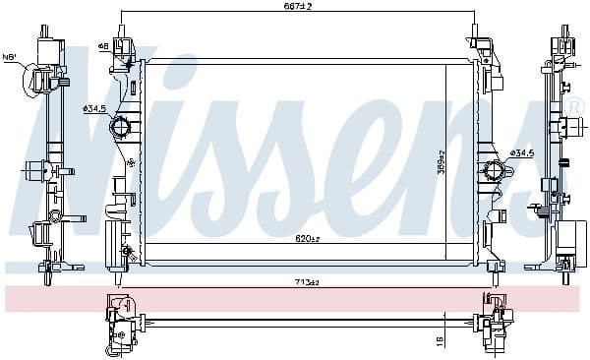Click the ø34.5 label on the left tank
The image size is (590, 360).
click(x=94, y=108)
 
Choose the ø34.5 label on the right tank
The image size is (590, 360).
click(x=521, y=152)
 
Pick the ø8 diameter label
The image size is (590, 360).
click(x=103, y=45)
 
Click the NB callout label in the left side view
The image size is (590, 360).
click(x=10, y=57)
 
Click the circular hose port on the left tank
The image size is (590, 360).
click(x=120, y=127)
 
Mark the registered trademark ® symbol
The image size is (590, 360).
click(x=574, y=105)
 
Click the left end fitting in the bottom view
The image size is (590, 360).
click(x=121, y=325)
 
